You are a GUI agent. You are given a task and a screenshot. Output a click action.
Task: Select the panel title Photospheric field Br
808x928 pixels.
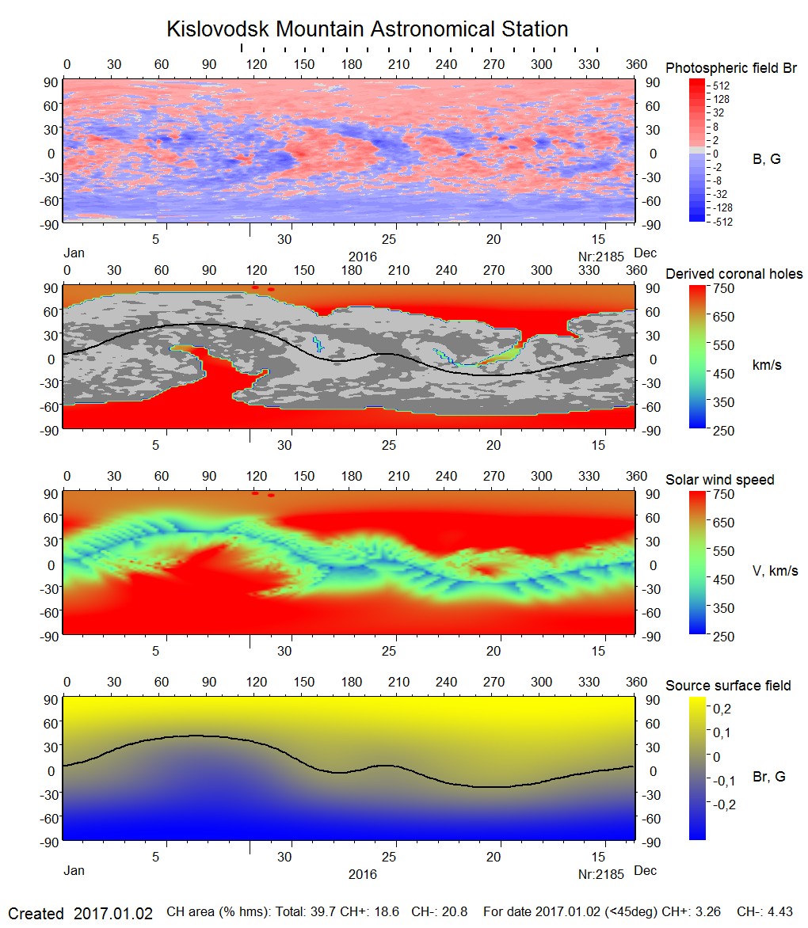coord(730,68)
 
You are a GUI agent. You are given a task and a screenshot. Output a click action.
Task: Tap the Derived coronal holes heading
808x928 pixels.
coord(734,274)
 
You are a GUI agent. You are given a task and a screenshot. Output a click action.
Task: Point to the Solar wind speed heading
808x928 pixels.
coord(719,480)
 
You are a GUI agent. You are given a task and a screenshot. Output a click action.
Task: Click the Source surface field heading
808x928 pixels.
coord(728,686)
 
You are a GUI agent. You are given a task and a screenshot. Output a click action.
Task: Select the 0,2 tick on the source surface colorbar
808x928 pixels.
coord(722,707)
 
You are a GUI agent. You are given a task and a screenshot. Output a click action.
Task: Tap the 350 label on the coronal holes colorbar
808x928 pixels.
coord(725,401)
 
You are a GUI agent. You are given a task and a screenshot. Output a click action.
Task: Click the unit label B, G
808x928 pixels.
coord(766,159)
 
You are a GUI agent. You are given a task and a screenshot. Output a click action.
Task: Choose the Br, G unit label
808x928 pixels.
coord(769,777)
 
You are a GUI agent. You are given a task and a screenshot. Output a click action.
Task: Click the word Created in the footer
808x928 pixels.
coord(36,913)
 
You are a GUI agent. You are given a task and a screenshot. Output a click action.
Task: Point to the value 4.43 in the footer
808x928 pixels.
coord(779,912)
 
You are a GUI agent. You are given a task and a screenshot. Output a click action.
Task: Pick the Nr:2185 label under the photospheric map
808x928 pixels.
coord(602,257)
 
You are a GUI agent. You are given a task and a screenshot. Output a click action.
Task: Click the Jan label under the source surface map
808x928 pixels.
coord(74,871)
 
